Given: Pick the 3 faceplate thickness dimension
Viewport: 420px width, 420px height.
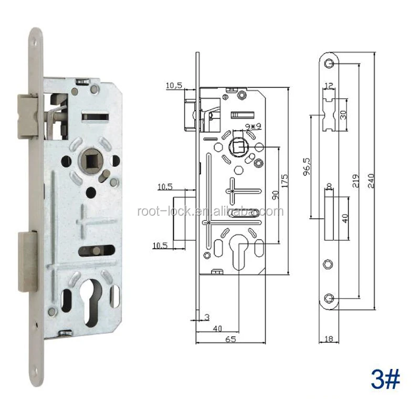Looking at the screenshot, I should click(207, 317).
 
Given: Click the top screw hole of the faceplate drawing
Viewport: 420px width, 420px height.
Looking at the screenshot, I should click(329, 64).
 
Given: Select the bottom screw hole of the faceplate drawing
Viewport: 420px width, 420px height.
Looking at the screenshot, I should click(329, 299).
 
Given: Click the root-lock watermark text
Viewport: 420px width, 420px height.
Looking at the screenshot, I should click(210, 212).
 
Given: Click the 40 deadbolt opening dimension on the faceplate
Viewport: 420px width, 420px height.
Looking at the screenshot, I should click(345, 217).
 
